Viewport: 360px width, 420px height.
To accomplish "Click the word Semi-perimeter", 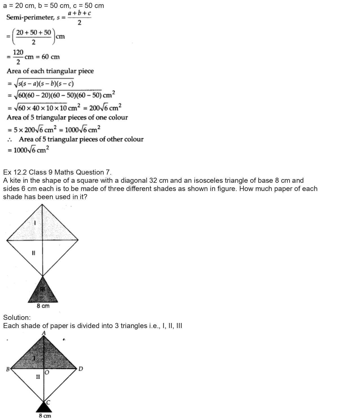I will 30,17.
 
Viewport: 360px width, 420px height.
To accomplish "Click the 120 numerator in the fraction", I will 18,52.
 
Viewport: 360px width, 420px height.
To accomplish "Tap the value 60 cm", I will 51,57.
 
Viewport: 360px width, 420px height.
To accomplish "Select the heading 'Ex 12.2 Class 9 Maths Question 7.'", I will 57,172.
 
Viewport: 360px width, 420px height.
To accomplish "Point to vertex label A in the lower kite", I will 44,333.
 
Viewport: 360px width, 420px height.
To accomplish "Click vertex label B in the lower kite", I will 8,368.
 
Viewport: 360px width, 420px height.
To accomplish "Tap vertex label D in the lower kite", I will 81,369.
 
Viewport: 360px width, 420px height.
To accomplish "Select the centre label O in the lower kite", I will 47,373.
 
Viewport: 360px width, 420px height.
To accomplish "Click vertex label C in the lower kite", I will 48,402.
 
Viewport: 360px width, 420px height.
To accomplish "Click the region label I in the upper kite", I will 35,223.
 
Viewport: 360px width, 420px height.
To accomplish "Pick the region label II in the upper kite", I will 34,253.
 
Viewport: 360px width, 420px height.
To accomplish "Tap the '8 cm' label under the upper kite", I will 43,306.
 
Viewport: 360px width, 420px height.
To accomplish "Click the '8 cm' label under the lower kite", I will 45,416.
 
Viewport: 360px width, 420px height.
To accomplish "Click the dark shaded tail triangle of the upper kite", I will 43,292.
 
